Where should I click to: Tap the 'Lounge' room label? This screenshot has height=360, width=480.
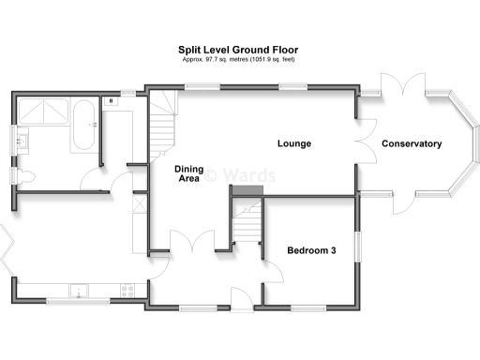click(293, 143)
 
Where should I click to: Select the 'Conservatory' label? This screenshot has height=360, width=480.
click(411, 143)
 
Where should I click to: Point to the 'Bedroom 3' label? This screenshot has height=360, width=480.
click(311, 250)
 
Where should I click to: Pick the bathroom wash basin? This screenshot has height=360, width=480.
click(22, 142)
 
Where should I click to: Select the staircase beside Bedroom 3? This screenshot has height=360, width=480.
click(247, 221)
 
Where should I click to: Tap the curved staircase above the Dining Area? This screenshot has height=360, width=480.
click(164, 122)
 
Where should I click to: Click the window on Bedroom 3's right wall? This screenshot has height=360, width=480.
click(356, 244)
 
